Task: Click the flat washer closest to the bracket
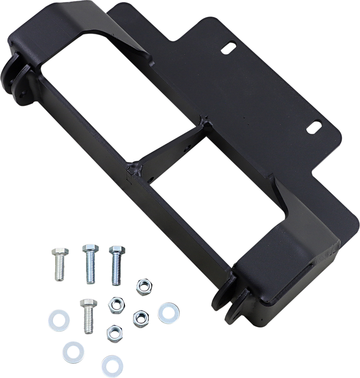pyautogui.click(x=165, y=312)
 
